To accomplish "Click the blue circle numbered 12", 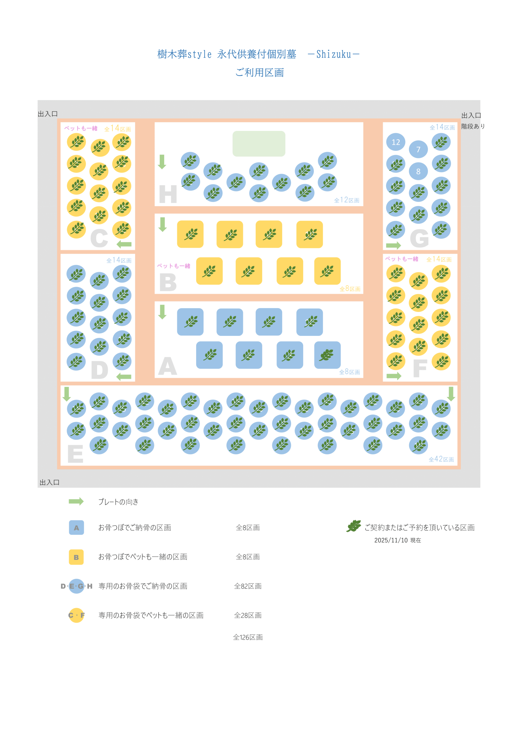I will [x=395, y=142].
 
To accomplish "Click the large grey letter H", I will [x=168, y=194].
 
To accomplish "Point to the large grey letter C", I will [x=99, y=238].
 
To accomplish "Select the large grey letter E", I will [x=75, y=454].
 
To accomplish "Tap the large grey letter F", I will [x=420, y=368].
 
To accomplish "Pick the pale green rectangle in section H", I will [x=259, y=144].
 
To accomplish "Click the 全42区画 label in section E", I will [x=441, y=459].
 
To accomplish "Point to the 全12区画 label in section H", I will [x=346, y=200].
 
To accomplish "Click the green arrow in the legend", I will [x=76, y=502].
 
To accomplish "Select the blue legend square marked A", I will [x=76, y=528].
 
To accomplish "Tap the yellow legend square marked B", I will [x=76, y=557].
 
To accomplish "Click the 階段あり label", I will [x=473, y=126].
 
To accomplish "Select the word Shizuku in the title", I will [x=333, y=54].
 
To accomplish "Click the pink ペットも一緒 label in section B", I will [x=173, y=266].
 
